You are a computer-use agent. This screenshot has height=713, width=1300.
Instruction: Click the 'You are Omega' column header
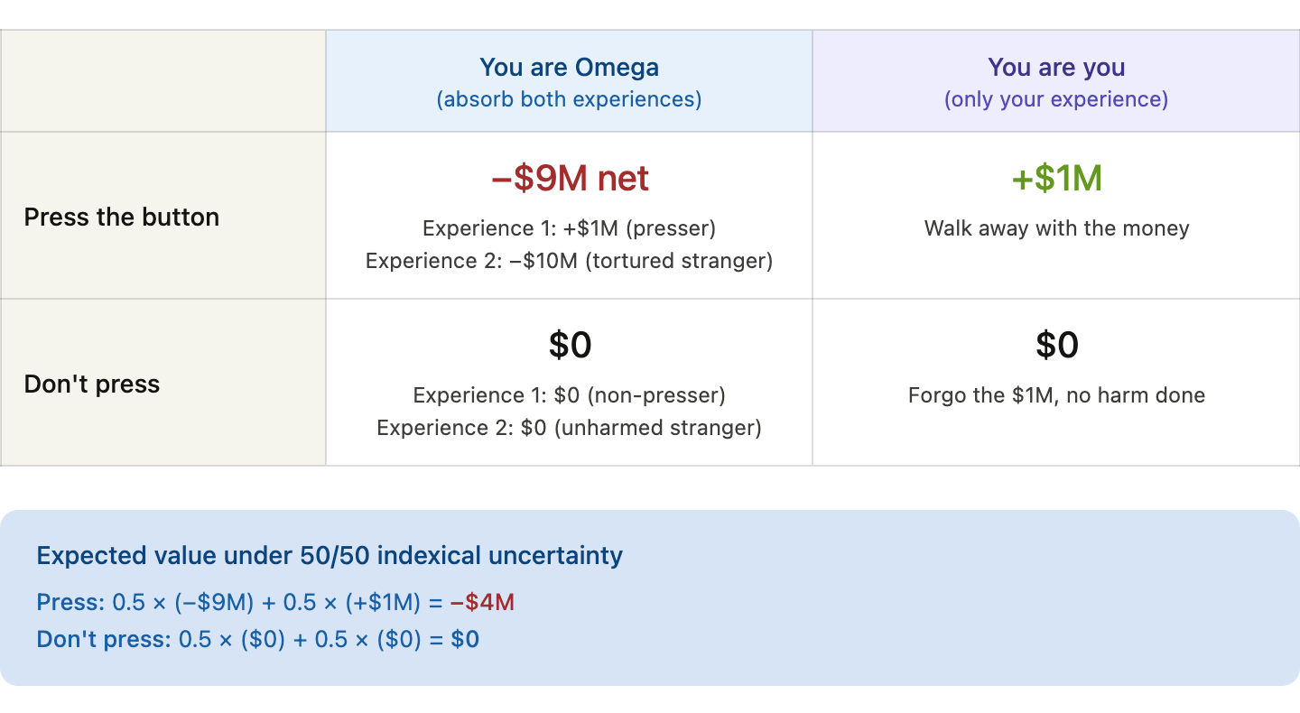pos(569,68)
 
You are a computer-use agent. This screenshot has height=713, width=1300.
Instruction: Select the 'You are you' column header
pos(1056,68)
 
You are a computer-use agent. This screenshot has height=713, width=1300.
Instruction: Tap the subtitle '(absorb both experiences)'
pos(569,99)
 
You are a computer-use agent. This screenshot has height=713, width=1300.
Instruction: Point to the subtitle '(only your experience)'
pos(1056,99)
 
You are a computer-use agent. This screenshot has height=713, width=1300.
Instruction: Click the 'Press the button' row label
pos(121,217)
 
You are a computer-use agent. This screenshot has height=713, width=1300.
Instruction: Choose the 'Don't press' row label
pos(92,384)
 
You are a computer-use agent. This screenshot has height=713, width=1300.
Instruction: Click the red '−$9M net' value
pos(570,178)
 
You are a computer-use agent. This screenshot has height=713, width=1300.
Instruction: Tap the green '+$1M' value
pos(1056,178)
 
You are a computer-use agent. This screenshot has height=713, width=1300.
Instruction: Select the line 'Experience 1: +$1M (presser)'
pos(569,228)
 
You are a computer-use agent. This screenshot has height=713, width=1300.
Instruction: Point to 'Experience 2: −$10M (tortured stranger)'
pos(569,261)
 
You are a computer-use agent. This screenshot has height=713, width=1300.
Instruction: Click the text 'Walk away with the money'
pos(1056,228)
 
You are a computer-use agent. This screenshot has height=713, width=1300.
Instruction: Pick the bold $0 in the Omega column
pos(570,345)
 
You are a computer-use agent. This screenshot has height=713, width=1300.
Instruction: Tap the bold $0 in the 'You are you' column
pos(1057,345)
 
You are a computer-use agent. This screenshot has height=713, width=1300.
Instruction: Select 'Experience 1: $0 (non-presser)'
pos(569,395)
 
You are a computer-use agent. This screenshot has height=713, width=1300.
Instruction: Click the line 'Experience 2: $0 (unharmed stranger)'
pos(569,428)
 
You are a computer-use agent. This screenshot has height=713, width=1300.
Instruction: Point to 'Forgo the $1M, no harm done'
pos(1056,395)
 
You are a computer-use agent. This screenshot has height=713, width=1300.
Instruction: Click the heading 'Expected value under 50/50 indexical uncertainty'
pos(329,556)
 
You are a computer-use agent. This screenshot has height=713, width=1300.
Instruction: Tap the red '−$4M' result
pos(482,602)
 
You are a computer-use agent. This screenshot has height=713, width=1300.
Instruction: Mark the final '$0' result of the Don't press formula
pos(465,639)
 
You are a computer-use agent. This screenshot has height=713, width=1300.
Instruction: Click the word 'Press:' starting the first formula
pos(70,602)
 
